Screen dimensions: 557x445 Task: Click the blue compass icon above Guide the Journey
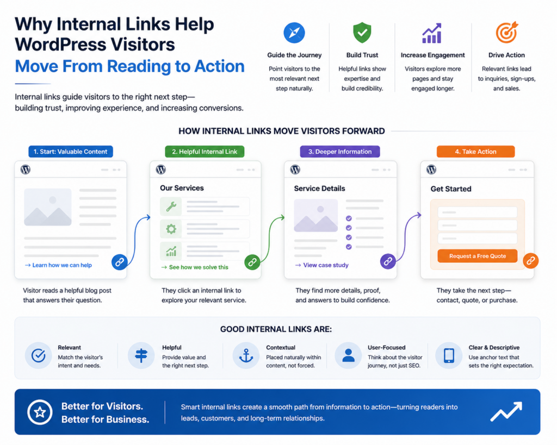coord(294,33)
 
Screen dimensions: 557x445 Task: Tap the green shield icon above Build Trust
coord(362,32)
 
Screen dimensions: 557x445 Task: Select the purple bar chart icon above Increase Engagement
coord(432,33)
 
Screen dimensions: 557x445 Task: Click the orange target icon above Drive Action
coord(507,32)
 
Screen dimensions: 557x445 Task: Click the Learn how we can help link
coord(59,265)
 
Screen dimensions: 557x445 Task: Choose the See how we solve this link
coord(195,267)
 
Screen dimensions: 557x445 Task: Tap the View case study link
coord(322,265)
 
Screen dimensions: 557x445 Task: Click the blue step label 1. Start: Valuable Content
coord(71,152)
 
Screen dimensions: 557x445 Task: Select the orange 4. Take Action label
coord(475,152)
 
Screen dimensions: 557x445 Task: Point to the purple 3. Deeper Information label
coord(340,152)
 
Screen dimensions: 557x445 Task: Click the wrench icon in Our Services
coord(171,206)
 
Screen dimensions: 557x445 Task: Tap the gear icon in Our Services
coord(171,229)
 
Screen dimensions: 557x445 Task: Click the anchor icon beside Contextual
coord(246,355)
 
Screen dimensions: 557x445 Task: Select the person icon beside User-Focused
coord(348,355)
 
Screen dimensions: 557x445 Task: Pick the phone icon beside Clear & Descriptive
coord(449,355)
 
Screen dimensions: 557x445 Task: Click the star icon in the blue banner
coord(40,412)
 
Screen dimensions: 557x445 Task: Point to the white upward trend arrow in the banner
coord(506,412)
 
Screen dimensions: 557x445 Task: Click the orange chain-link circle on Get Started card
coord(531,260)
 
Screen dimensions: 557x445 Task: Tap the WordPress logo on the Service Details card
coord(295,170)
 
